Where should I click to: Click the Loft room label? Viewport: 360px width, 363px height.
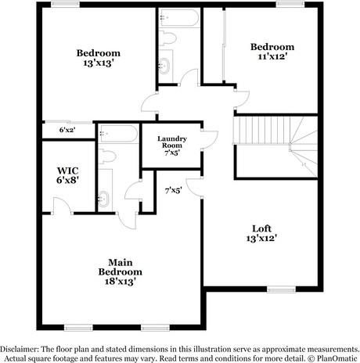262,227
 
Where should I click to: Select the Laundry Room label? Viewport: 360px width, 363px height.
171,142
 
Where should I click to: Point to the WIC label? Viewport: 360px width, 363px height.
65,169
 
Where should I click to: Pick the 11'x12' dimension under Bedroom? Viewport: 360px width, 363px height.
272,56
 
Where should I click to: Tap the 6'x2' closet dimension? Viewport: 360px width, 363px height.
67,130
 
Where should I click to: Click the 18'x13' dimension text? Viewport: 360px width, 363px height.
117,279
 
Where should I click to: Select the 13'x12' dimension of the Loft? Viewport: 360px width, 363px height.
262,237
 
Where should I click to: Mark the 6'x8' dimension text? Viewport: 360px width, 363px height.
65,181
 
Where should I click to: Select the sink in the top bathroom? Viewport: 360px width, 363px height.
165,64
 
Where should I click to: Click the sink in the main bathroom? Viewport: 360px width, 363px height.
104,198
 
